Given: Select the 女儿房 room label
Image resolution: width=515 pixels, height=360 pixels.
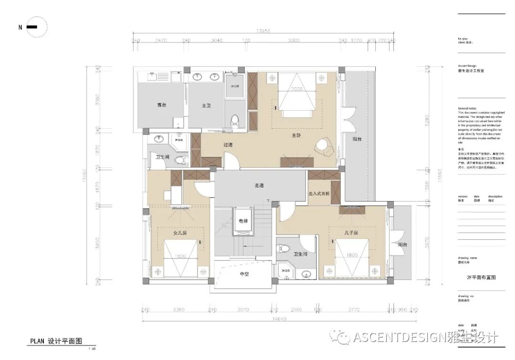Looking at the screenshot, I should [x=180, y=233].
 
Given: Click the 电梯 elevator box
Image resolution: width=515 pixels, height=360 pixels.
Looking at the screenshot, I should [x=243, y=221].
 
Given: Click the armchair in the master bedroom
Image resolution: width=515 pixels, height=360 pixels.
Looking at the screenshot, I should [x=325, y=147].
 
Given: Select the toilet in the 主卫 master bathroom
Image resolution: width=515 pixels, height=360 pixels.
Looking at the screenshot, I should [x=234, y=121].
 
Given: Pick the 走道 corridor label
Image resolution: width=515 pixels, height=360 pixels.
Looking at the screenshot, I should [x=259, y=185].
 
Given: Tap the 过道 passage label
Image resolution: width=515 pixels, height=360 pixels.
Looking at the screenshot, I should [x=228, y=144].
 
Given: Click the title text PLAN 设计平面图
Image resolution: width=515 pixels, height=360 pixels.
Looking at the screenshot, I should [x=56, y=341].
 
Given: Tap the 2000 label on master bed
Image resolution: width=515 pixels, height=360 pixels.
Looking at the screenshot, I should [x=298, y=89].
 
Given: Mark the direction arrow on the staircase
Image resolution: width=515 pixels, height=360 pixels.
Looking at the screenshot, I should [x=245, y=246].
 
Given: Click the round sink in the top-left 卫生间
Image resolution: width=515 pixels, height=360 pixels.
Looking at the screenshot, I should [x=160, y=139].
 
